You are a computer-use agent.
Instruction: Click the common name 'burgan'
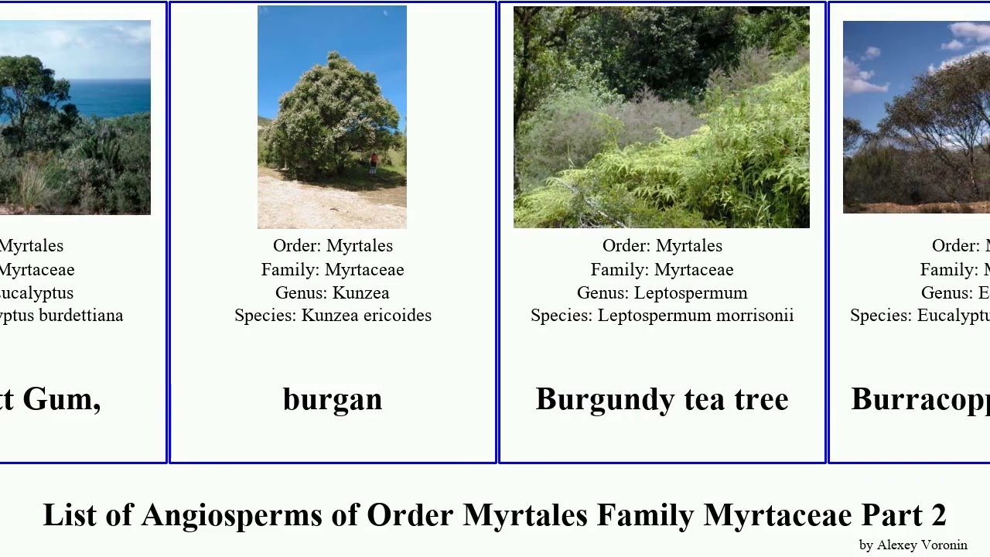pyautogui.click(x=333, y=399)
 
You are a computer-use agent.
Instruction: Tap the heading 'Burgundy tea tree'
pyautogui.click(x=662, y=399)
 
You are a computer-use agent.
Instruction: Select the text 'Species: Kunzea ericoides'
pyautogui.click(x=333, y=316)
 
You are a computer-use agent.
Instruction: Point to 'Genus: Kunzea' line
pyautogui.click(x=333, y=293)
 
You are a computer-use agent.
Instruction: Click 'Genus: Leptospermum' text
pyautogui.click(x=662, y=293)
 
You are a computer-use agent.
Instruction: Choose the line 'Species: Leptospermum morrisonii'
pyautogui.click(x=662, y=316)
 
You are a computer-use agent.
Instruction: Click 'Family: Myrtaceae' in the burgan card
pyautogui.click(x=333, y=270)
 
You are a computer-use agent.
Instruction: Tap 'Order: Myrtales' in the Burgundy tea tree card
pyautogui.click(x=662, y=246)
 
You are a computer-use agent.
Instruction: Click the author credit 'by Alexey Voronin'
pyautogui.click(x=913, y=545)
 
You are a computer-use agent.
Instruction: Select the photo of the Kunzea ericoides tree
pyautogui.click(x=332, y=116)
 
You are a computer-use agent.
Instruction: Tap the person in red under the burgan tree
pyautogui.click(x=374, y=162)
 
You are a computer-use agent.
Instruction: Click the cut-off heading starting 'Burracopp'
pyautogui.click(x=920, y=399)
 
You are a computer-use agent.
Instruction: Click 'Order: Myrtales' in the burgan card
pyautogui.click(x=333, y=246)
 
